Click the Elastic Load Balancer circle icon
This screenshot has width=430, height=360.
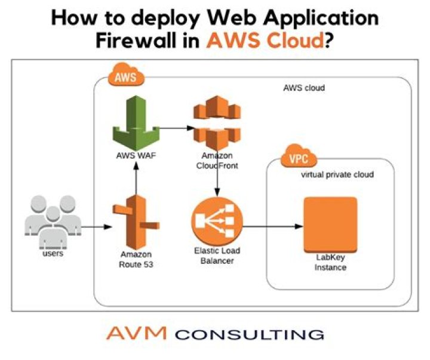pyautogui.click(x=217, y=220)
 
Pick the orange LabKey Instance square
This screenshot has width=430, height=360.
pyautogui.click(x=330, y=224)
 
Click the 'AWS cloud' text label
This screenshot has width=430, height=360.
pyautogui.click(x=303, y=88)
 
